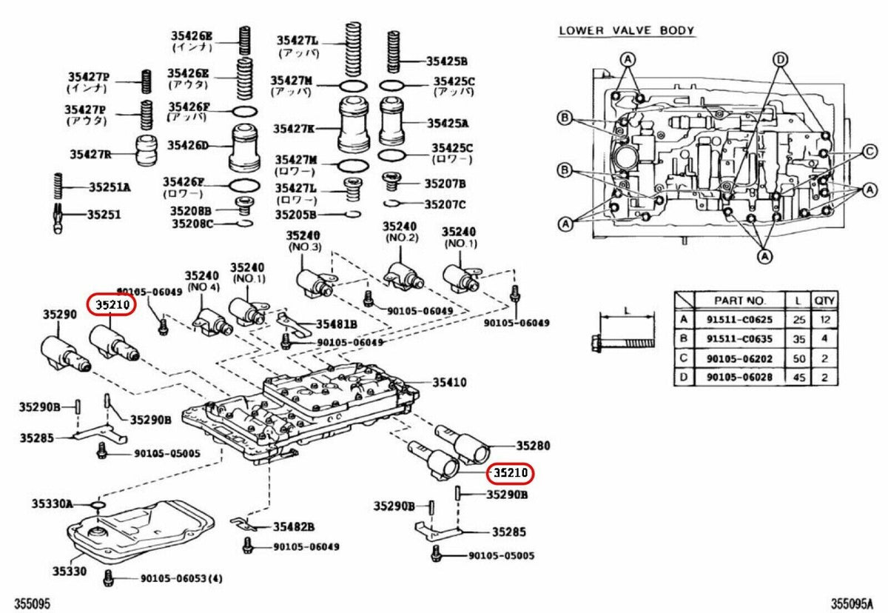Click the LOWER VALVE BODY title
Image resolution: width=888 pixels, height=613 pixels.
626,30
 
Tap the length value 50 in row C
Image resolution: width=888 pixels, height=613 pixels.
796,358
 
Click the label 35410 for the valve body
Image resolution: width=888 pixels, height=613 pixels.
449,383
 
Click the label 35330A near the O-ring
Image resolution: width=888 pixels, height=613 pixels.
52,503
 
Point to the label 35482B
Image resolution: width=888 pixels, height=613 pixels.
294,526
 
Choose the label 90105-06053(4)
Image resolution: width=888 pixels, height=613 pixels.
181,578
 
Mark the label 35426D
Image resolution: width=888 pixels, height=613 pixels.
187,145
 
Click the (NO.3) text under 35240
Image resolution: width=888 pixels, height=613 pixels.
305,247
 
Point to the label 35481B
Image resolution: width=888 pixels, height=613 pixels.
336,324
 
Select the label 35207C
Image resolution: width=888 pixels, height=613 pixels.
445,204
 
